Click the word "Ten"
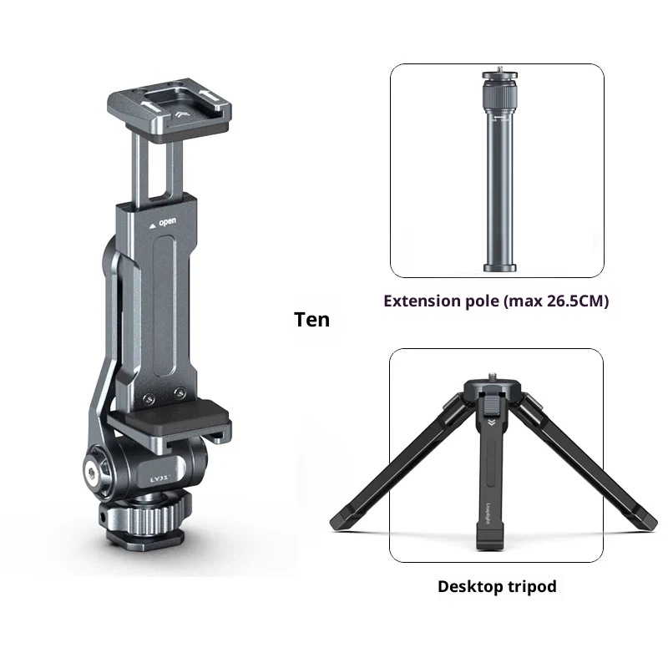311,319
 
